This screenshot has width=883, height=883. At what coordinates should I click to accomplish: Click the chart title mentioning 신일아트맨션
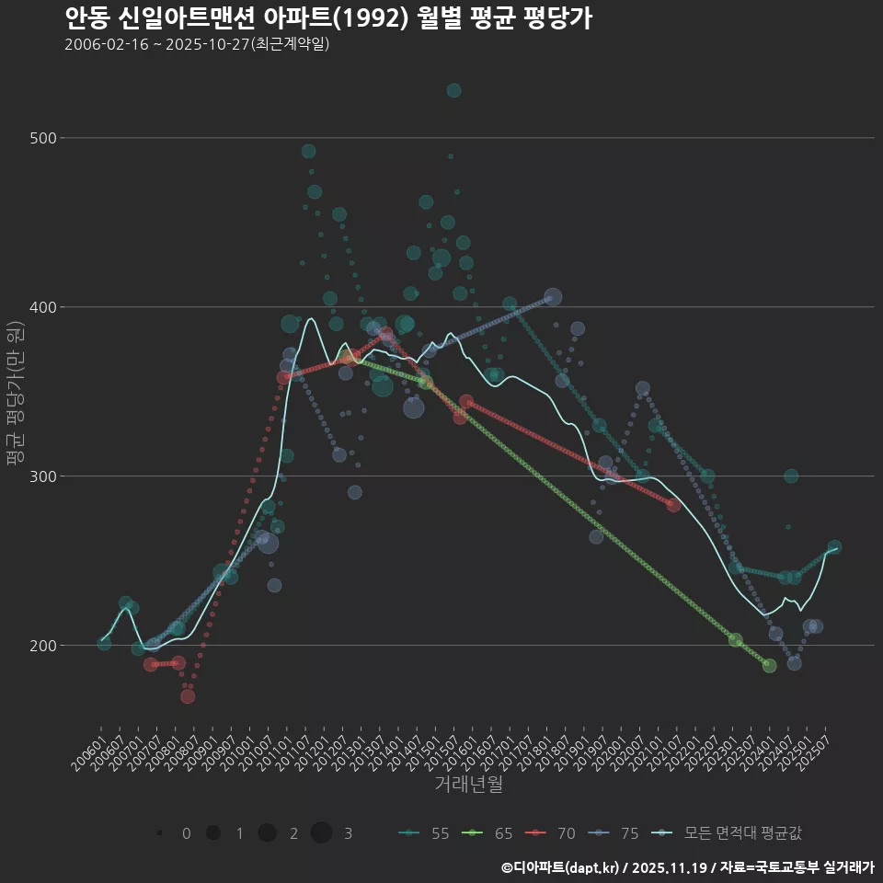point(327,18)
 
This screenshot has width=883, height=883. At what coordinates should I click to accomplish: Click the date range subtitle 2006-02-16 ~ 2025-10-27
point(197,45)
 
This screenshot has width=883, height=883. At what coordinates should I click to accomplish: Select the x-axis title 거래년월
point(468,785)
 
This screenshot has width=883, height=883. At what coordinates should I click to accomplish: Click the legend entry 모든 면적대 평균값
point(731,833)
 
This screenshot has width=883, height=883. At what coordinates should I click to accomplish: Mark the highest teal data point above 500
point(453,90)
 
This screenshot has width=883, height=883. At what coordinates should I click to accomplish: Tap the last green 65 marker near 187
point(769,666)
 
